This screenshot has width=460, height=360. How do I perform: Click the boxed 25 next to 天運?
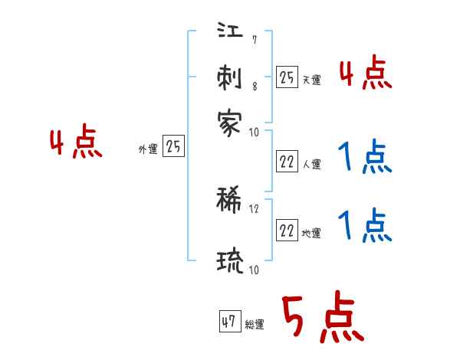click(x=287, y=77)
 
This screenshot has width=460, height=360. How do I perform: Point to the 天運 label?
click(x=311, y=80)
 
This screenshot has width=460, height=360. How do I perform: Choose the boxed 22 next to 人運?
click(x=287, y=162)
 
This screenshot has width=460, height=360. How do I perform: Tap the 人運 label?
click(x=311, y=164)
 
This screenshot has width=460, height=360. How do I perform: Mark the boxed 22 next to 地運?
click(x=287, y=231)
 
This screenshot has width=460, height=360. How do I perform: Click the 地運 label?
click(x=311, y=233)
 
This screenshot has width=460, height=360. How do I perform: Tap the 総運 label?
click(x=255, y=324)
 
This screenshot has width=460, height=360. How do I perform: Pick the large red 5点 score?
click(x=322, y=319)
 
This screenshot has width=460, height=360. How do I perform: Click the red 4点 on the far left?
click(x=76, y=143)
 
